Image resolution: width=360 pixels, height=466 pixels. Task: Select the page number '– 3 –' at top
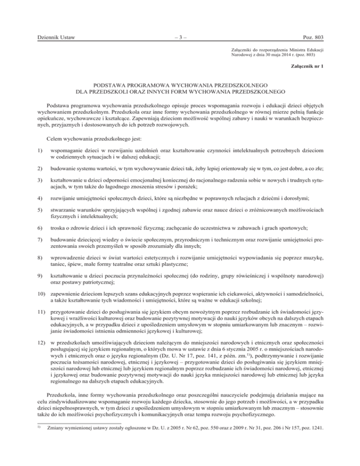click(x=180, y=37)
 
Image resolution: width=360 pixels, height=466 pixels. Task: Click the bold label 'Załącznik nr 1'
click(x=307, y=66)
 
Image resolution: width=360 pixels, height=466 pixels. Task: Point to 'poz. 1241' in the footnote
click(x=310, y=453)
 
